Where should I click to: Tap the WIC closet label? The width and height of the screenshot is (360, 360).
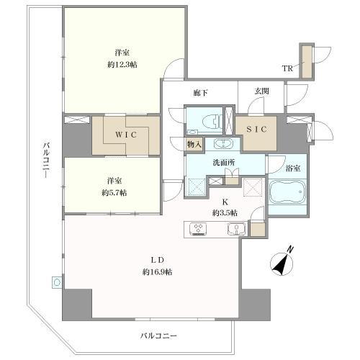(x=120, y=132)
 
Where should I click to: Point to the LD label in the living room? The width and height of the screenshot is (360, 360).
(x=156, y=262)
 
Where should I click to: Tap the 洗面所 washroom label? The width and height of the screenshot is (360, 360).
(x=222, y=162)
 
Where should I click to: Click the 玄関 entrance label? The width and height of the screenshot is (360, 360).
(x=262, y=92)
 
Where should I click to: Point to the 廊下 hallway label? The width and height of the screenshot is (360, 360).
(x=202, y=93)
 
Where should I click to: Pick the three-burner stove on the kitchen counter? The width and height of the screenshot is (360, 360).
(x=199, y=230)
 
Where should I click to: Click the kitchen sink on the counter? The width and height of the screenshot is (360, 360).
(x=235, y=230)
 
